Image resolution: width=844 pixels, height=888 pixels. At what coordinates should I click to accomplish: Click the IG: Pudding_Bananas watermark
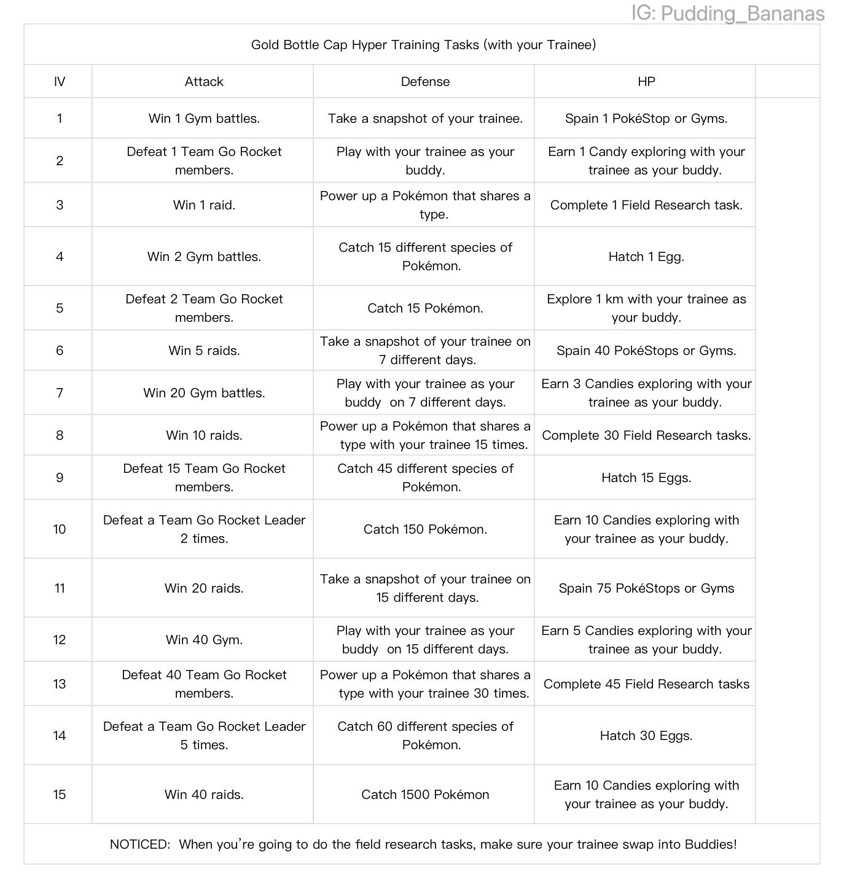(x=727, y=14)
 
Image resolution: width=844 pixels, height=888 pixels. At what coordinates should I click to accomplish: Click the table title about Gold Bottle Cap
(x=423, y=45)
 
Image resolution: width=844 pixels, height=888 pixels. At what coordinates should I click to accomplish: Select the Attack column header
(x=204, y=82)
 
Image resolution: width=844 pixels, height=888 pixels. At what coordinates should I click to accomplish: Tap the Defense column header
(x=425, y=82)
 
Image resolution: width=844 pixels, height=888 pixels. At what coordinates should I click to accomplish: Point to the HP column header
(x=646, y=82)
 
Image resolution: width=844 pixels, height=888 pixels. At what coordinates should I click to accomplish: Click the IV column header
(x=60, y=82)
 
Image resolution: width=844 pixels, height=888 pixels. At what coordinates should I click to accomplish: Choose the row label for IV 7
(x=60, y=393)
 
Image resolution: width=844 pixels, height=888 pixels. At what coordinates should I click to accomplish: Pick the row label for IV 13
(x=60, y=684)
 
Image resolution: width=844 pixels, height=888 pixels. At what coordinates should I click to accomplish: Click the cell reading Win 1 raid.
(x=204, y=205)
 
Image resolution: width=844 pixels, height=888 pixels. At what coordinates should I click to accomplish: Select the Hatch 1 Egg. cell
(x=646, y=257)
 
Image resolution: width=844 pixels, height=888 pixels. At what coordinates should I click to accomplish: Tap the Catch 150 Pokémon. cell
(x=425, y=529)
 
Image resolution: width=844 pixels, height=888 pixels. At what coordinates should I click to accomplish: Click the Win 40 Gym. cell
(x=204, y=640)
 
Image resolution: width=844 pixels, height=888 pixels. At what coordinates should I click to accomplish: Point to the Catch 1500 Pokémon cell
(x=425, y=795)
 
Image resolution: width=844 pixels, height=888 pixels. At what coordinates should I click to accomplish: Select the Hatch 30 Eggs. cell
(x=646, y=736)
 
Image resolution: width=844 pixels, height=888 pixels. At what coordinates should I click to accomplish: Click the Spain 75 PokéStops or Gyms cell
(x=646, y=588)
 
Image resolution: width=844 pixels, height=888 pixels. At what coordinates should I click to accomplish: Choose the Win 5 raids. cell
(x=204, y=351)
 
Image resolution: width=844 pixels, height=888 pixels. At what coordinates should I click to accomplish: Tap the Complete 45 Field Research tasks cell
(x=646, y=684)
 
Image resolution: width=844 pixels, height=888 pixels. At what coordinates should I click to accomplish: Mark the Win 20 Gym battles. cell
(x=204, y=393)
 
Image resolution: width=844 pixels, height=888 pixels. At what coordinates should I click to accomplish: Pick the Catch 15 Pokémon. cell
(x=425, y=308)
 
